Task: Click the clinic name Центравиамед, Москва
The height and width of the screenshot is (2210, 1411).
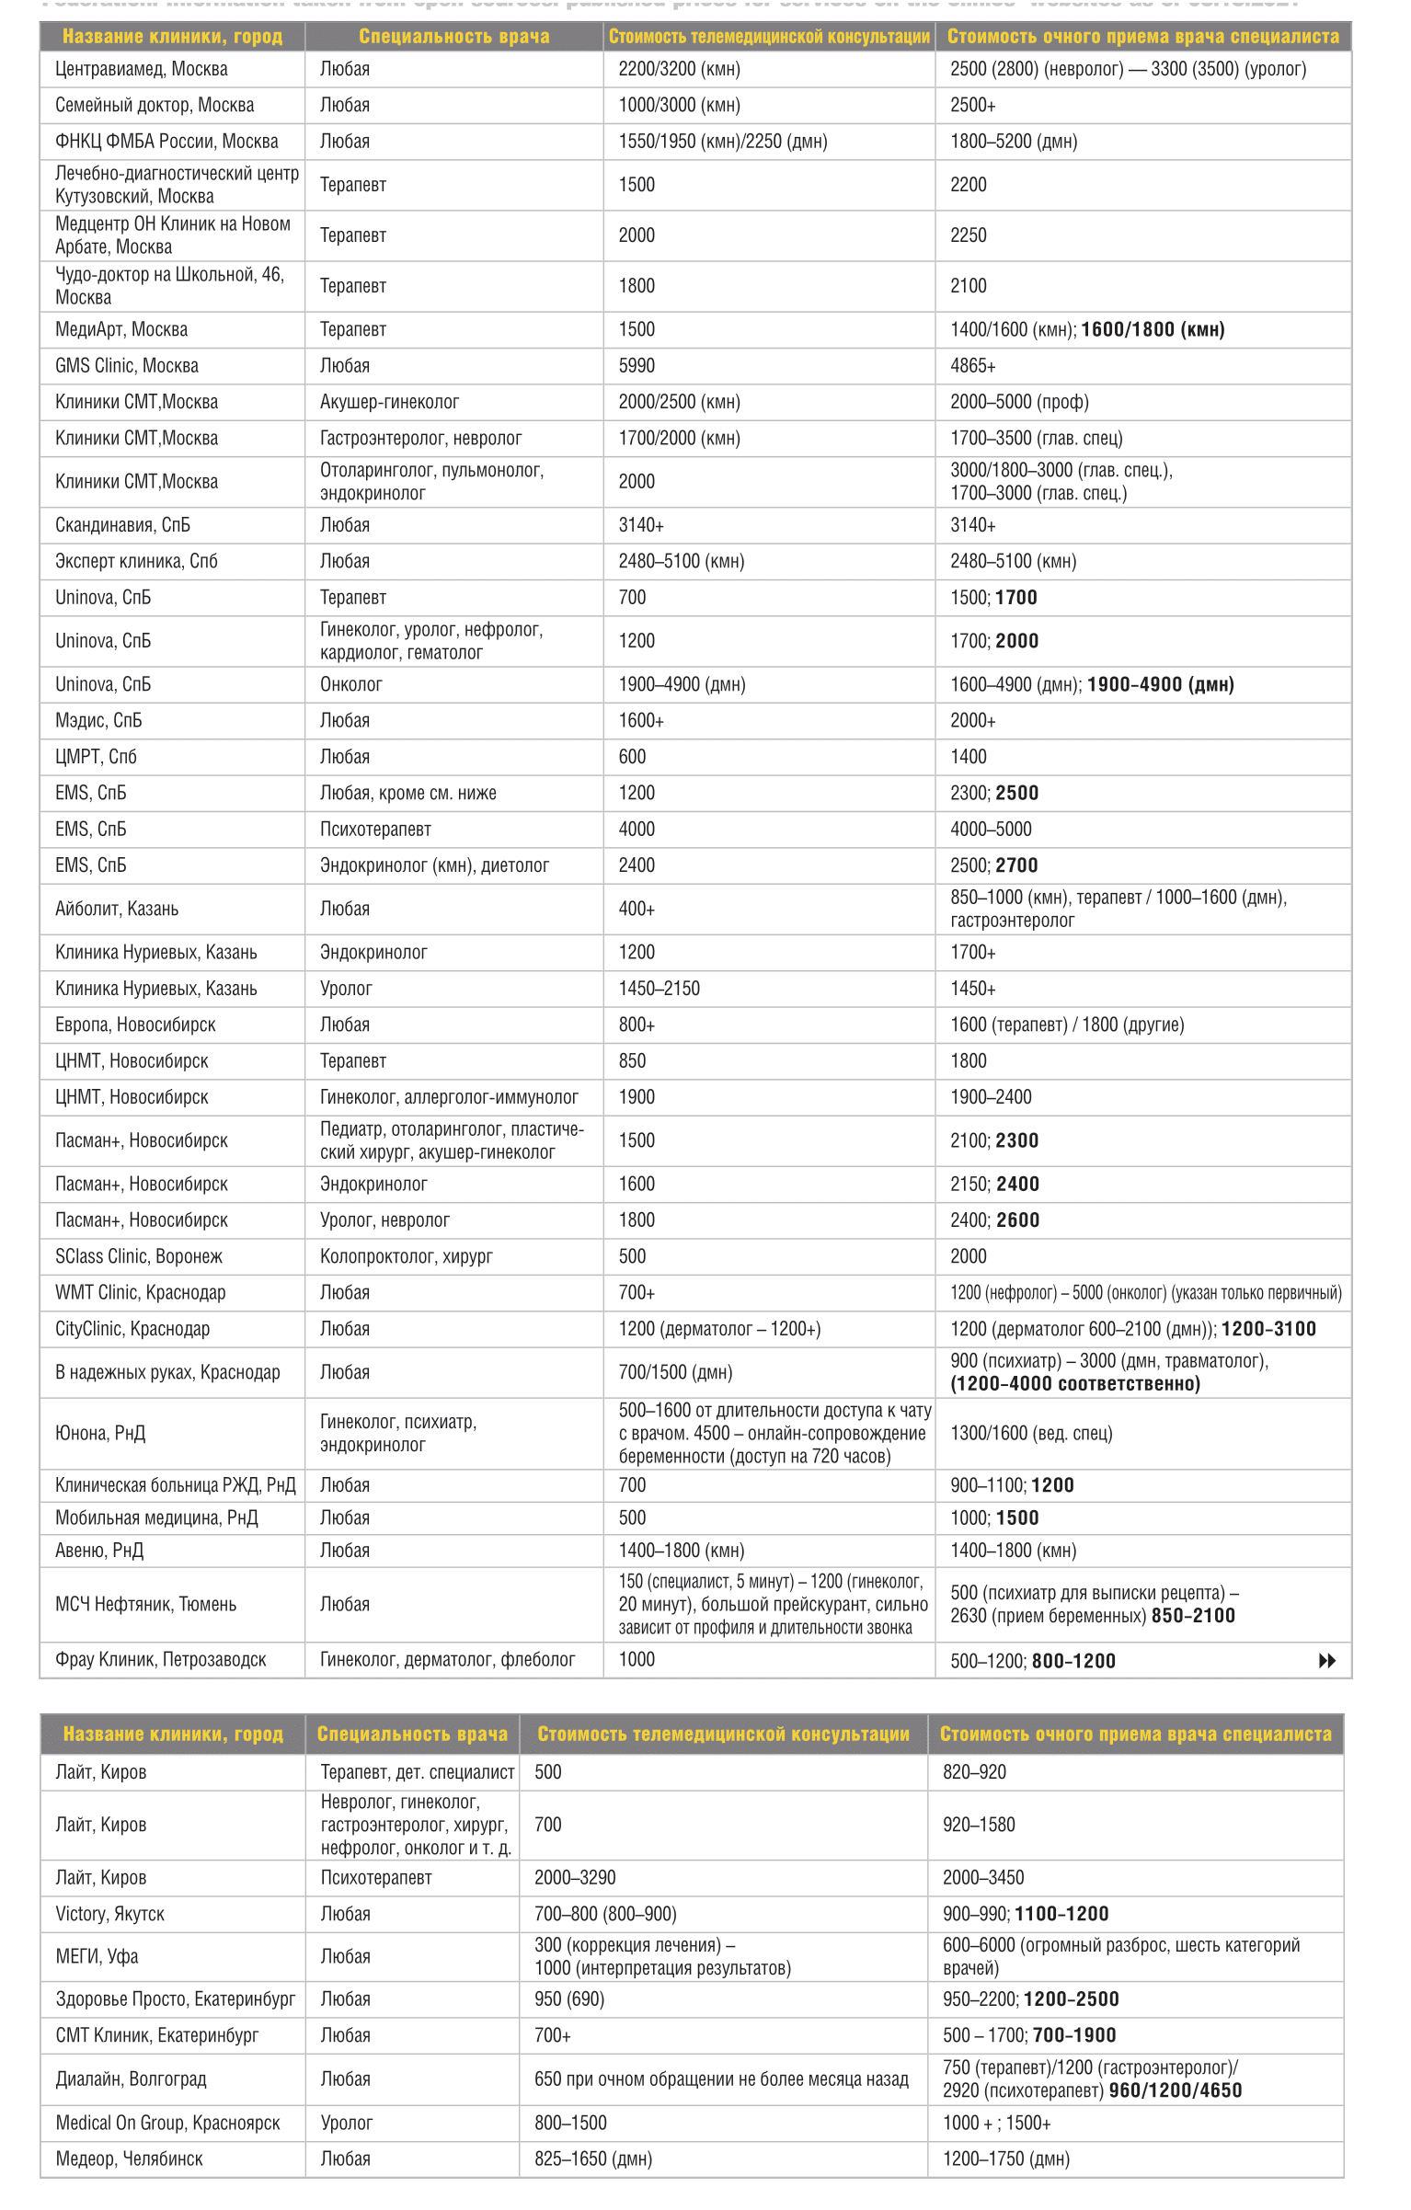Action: click(x=141, y=69)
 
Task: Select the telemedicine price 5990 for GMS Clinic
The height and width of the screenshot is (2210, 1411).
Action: click(x=637, y=366)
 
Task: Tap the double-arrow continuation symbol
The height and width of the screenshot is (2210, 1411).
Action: click(x=1326, y=1660)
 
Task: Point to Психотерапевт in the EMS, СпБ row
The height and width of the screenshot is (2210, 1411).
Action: click(x=375, y=830)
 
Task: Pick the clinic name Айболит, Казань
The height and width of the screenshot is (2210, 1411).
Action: click(x=117, y=909)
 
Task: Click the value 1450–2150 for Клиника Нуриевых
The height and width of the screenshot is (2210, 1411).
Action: click(x=659, y=989)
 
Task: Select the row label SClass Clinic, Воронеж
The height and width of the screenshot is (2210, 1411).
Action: click(x=138, y=1256)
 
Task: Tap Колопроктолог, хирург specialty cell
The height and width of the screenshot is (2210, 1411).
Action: click(x=406, y=1256)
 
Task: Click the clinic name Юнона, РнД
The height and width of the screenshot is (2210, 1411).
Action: click(x=100, y=1433)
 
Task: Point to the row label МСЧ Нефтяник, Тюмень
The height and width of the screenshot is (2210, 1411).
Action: click(x=145, y=1604)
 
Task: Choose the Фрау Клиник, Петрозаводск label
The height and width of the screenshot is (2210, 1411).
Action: click(x=160, y=1659)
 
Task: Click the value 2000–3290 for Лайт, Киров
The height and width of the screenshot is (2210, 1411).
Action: click(x=575, y=1877)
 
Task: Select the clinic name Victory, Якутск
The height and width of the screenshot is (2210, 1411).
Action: click(x=109, y=1914)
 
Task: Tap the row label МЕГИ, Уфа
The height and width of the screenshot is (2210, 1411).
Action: click(x=97, y=1956)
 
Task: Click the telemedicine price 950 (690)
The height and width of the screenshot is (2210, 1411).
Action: click(x=569, y=1998)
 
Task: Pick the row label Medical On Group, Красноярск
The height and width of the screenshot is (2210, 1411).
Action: click(x=167, y=2123)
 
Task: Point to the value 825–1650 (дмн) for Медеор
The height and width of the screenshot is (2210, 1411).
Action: click(x=593, y=2158)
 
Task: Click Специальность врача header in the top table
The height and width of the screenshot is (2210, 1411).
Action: click(x=453, y=37)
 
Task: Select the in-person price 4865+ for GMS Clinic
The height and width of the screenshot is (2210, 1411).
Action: click(x=972, y=366)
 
